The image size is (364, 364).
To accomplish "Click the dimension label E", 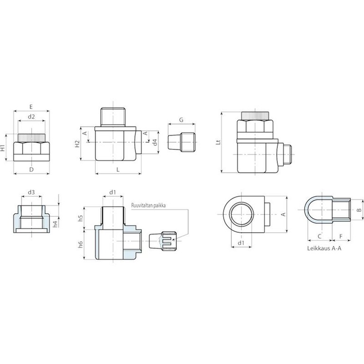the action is pos(31,107).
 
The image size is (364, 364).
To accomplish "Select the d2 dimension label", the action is pos(31,117).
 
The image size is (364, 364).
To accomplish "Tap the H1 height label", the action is pos(2,148).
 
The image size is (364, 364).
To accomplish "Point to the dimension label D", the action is pos(31,170).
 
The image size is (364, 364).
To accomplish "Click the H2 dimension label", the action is pos(77,144).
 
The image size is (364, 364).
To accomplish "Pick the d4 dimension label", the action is pos(155,142).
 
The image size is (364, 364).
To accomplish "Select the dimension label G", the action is pos(182,120).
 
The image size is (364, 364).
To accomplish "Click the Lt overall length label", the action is pos(218,142).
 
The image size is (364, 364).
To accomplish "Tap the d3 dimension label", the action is pos(31,192).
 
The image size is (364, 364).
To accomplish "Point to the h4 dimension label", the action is pos(55,224).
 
